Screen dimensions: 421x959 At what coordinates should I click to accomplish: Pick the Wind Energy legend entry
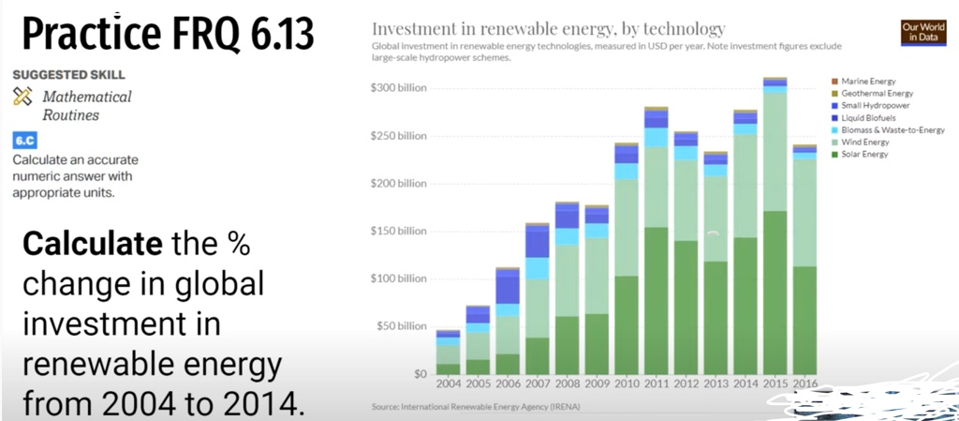point(865,142)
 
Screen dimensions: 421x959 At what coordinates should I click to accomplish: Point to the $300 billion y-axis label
point(401,88)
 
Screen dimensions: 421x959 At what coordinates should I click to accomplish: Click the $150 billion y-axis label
point(401,231)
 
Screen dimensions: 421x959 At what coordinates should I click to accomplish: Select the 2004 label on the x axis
point(450,384)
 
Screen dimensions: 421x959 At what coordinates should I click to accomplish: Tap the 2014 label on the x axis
point(745,384)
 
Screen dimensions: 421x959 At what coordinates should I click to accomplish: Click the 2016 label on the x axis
point(804,384)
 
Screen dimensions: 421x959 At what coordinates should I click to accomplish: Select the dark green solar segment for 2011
point(656,300)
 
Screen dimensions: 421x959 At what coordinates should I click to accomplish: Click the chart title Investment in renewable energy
point(548,28)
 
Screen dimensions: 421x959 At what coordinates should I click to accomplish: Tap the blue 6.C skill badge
point(23,141)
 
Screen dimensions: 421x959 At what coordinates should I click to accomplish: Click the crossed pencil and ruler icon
point(23,96)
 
